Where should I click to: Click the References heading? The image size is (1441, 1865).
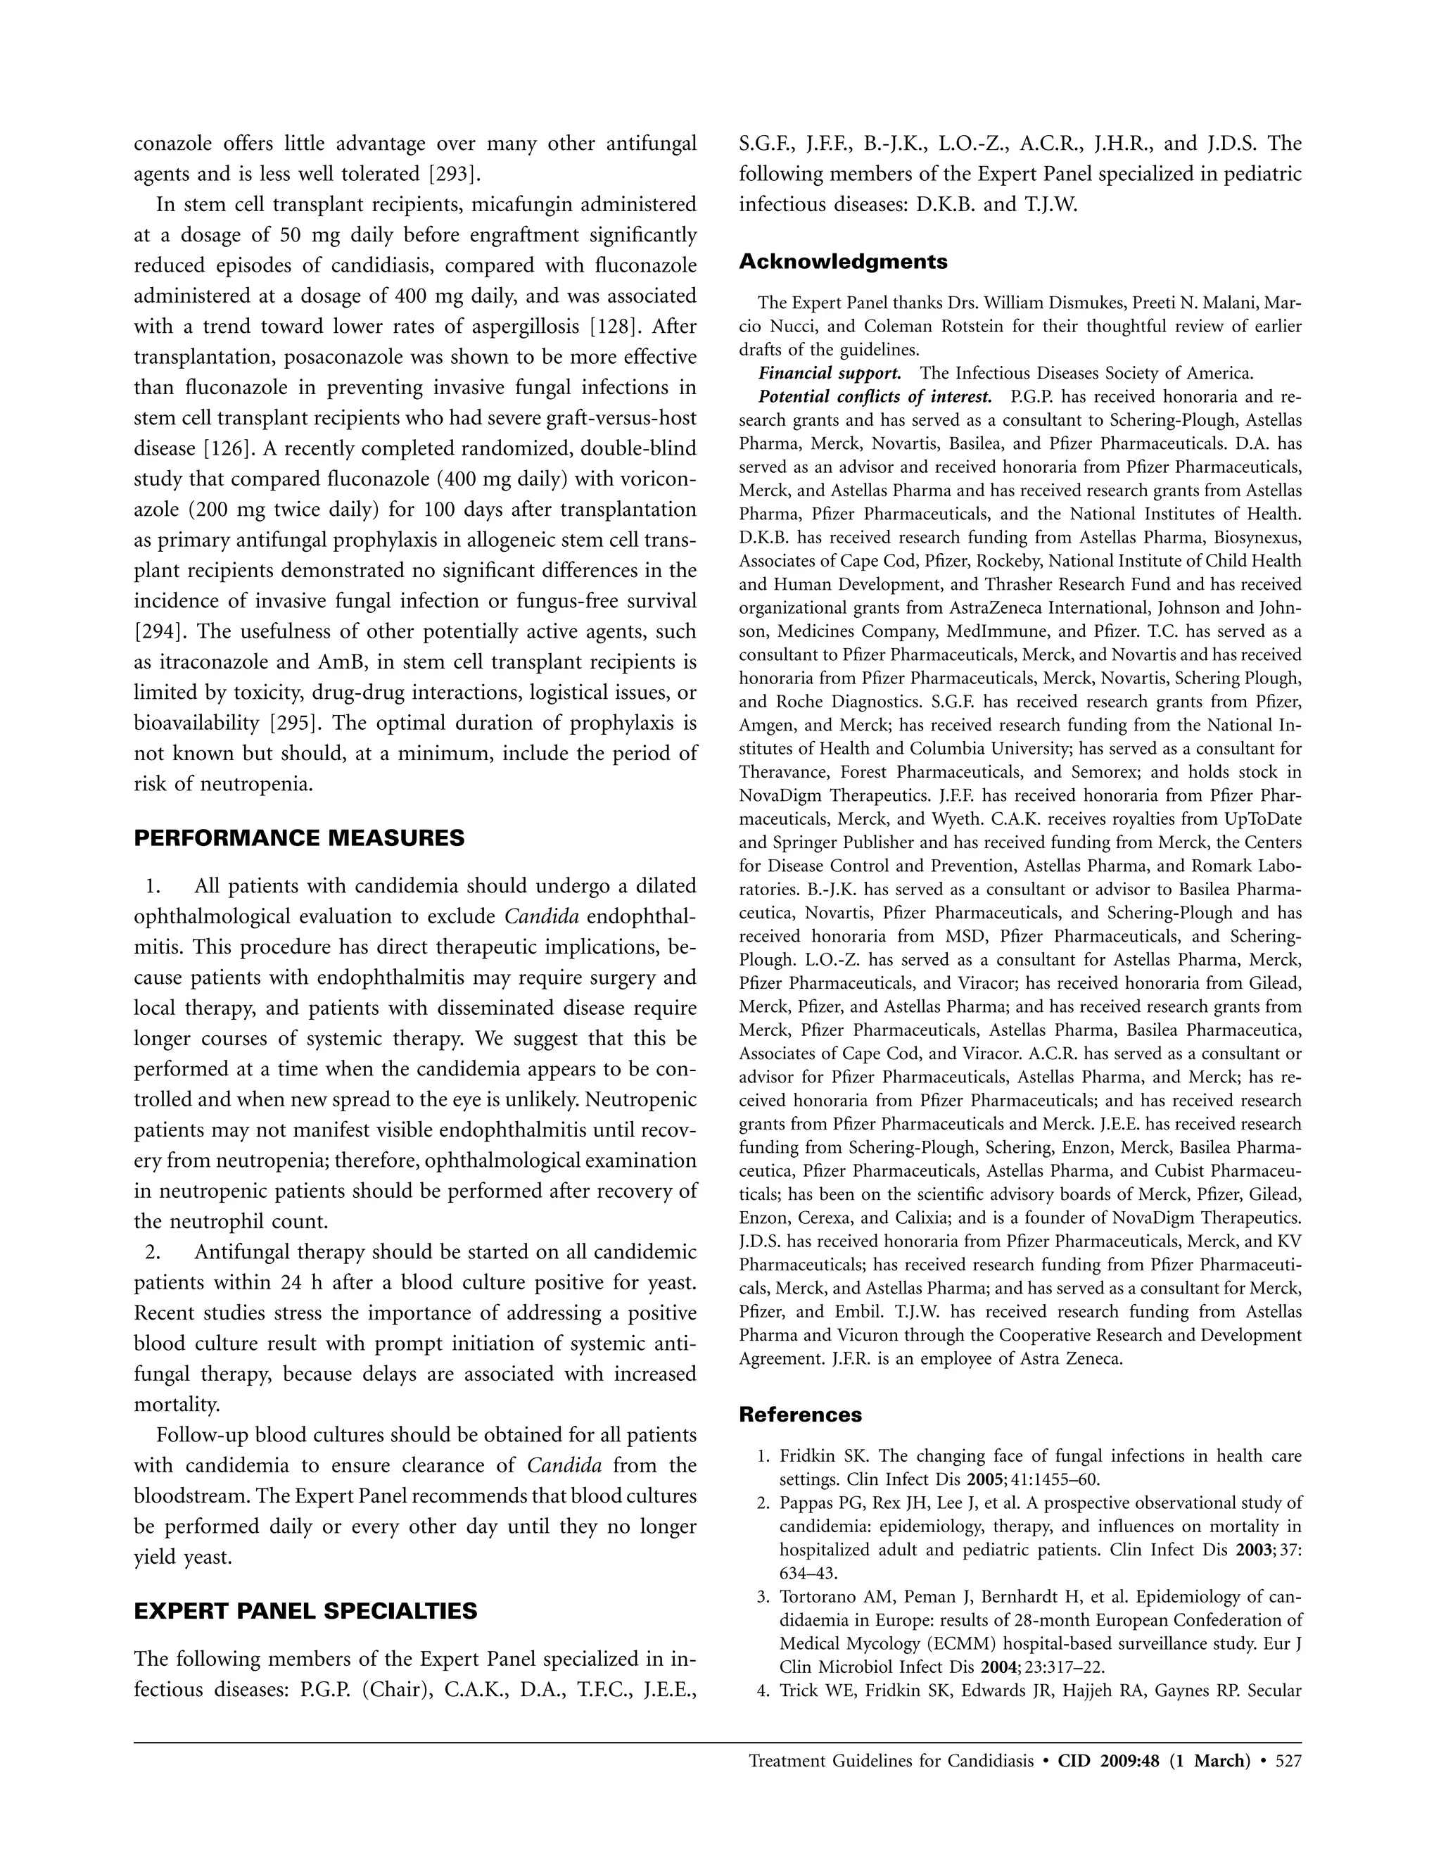click(800, 1415)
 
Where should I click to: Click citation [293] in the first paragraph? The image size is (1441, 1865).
click(453, 175)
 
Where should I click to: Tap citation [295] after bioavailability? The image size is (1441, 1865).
click(296, 723)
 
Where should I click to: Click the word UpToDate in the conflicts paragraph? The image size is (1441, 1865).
click(1258, 820)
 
